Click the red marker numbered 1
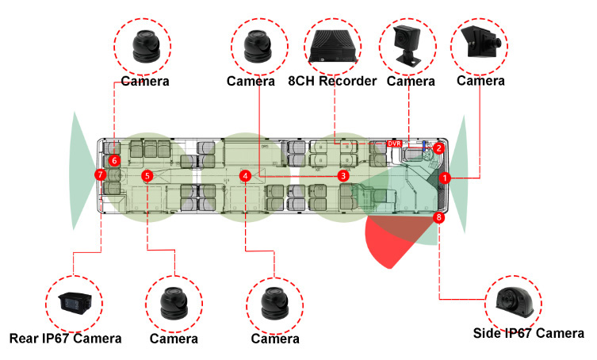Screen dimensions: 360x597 pyautogui.click(x=446, y=178)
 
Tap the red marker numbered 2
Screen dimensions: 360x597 pyautogui.click(x=438, y=147)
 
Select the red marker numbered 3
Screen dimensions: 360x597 pyautogui.click(x=343, y=174)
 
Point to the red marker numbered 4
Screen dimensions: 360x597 pyautogui.click(x=247, y=175)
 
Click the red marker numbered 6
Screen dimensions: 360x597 pyautogui.click(x=114, y=160)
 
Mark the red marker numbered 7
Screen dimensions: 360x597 pyautogui.click(x=100, y=174)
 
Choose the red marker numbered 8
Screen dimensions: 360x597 pyautogui.click(x=440, y=216)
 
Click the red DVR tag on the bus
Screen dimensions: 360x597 pyautogui.click(x=394, y=144)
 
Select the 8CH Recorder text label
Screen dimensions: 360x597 pyautogui.click(x=332, y=81)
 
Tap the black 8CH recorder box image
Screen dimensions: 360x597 pyautogui.click(x=333, y=46)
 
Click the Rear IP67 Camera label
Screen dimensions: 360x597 pyautogui.click(x=66, y=339)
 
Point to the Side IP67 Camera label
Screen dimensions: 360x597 pyautogui.click(x=527, y=333)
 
